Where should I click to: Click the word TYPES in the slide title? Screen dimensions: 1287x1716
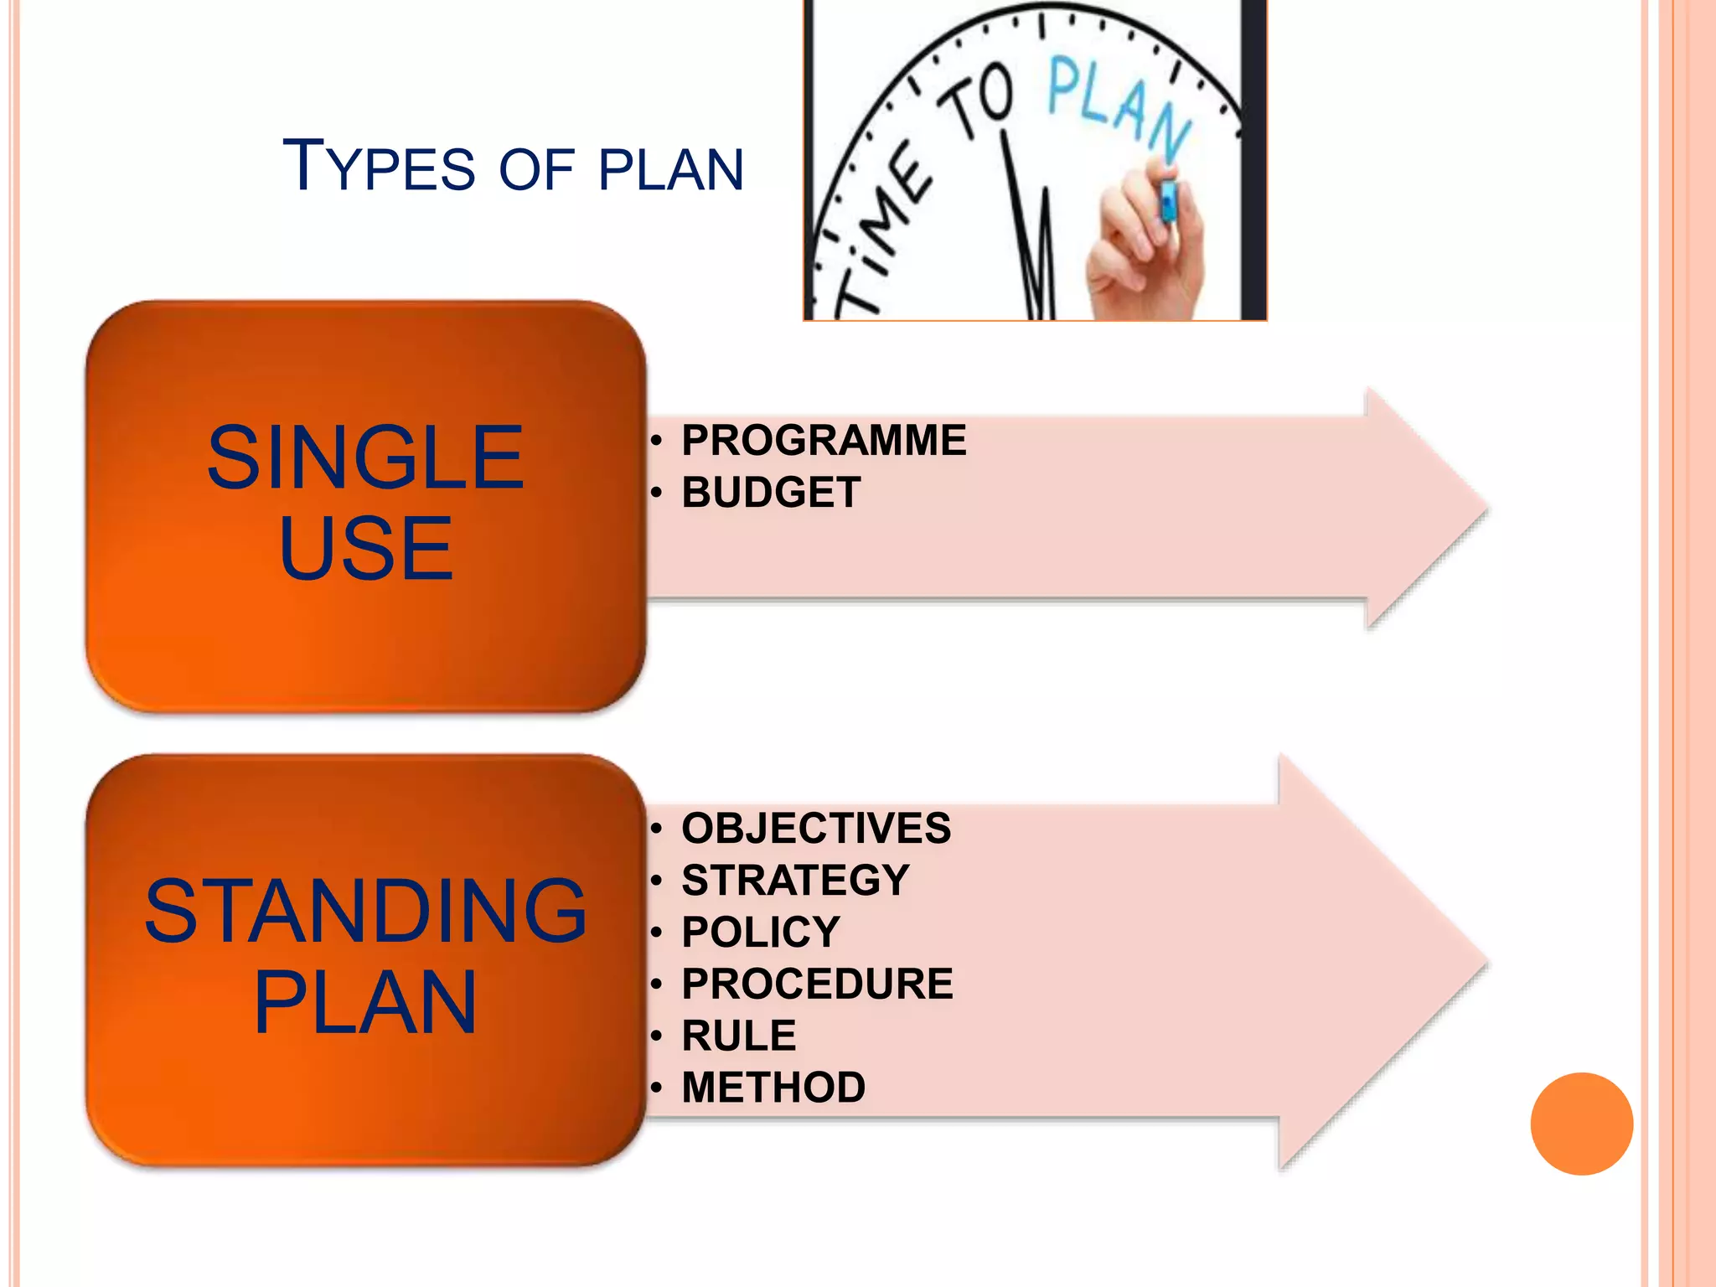[379, 167]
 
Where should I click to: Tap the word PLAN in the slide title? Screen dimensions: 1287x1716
[671, 170]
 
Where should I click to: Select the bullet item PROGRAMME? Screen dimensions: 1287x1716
[824, 441]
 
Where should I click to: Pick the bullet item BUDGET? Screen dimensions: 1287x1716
[771, 492]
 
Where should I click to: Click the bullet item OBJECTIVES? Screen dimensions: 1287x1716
[816, 828]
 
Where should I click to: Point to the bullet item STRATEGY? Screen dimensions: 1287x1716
[795, 880]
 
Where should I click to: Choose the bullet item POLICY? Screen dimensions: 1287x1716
[760, 932]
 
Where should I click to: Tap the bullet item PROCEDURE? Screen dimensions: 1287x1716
[817, 984]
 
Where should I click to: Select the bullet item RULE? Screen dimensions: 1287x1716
[738, 1036]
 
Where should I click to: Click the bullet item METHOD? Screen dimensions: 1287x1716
[773, 1088]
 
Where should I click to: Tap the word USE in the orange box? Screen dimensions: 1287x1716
[366, 549]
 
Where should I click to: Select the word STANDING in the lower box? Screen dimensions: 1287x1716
[365, 911]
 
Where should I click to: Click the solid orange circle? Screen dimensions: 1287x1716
[1581, 1124]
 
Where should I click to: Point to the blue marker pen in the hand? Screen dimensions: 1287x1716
[1167, 201]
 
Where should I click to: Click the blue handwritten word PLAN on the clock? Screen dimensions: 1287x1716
[1119, 105]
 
